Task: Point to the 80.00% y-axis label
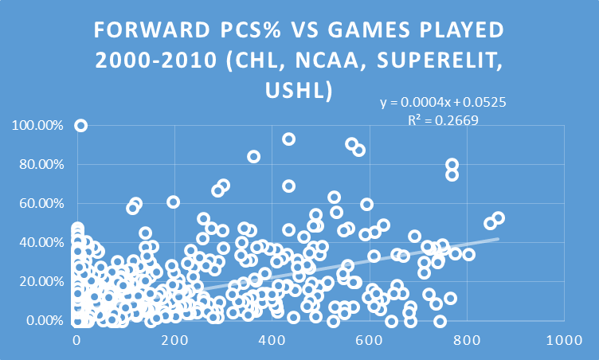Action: click(x=37, y=164)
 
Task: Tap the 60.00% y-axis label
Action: click(x=37, y=203)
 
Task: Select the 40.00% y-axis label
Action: click(x=37, y=242)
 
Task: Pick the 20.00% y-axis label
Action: click(x=37, y=281)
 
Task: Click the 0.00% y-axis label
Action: click(x=40, y=320)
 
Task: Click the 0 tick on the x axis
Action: click(x=76, y=341)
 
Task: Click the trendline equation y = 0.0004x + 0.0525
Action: click(x=444, y=104)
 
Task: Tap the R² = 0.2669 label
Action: click(x=444, y=119)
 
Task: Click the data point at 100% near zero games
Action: click(x=80, y=125)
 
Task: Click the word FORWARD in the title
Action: click(x=144, y=31)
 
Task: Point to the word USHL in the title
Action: click(x=299, y=90)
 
